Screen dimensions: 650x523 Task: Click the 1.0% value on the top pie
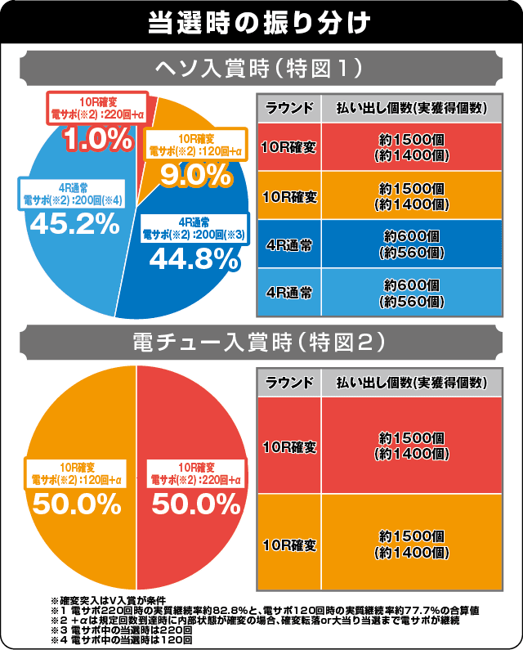97,138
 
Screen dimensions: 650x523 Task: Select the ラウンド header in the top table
289,108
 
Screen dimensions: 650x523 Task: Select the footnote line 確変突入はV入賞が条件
123,601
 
